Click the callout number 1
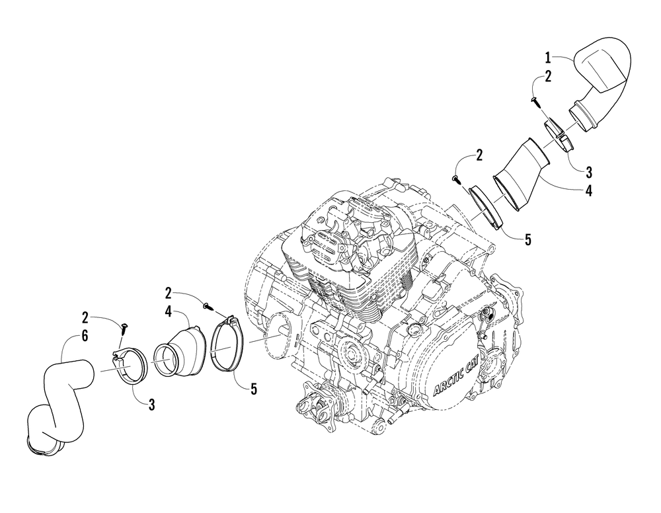click(548, 59)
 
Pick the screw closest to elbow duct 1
click(534, 100)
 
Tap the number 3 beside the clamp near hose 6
click(151, 405)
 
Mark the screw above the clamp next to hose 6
click(123, 325)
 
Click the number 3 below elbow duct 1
click(588, 171)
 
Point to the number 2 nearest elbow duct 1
click(548, 76)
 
